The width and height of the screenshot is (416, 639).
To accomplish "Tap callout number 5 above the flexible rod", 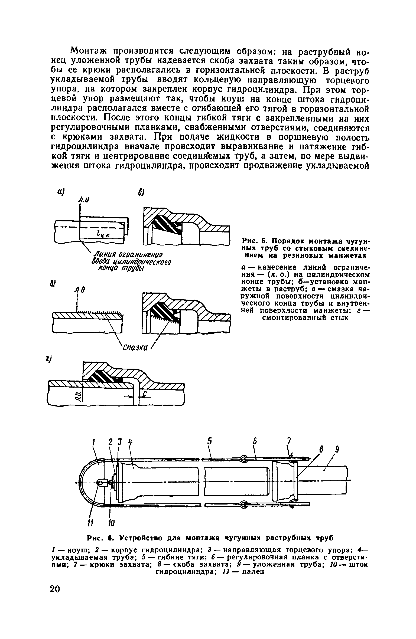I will point(209,441).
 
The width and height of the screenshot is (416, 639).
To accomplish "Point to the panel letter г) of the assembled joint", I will point(51,358).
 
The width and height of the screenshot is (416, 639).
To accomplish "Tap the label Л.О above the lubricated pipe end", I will point(80,290).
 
